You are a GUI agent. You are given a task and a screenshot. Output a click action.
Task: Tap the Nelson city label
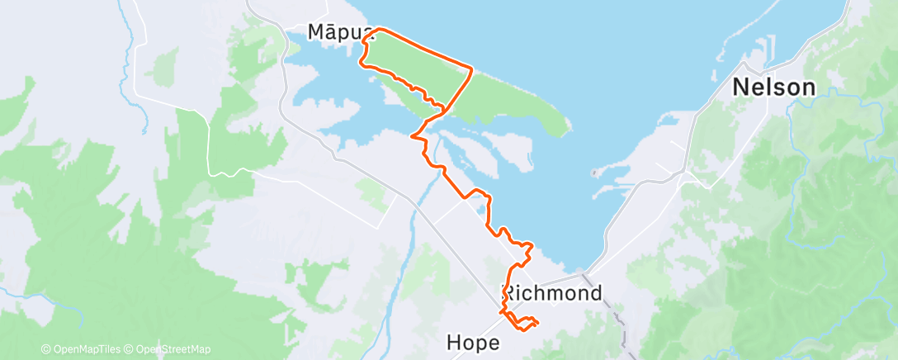tap(774, 87)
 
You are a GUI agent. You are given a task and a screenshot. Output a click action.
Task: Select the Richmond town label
tap(552, 292)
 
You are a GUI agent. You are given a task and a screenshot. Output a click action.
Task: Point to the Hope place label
tap(472, 342)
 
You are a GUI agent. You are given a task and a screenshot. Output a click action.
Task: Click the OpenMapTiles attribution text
tap(82, 349)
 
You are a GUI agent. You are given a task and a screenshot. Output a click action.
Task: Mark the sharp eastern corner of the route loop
tap(471, 69)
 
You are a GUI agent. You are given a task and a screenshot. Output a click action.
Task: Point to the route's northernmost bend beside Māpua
tap(378, 30)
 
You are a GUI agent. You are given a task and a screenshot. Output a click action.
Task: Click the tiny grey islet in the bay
tap(594, 173)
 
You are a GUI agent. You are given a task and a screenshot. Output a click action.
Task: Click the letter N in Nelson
tap(741, 87)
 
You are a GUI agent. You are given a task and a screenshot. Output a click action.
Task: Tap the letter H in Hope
tap(453, 342)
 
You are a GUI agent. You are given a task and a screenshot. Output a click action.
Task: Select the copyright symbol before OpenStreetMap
tap(131, 349)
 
